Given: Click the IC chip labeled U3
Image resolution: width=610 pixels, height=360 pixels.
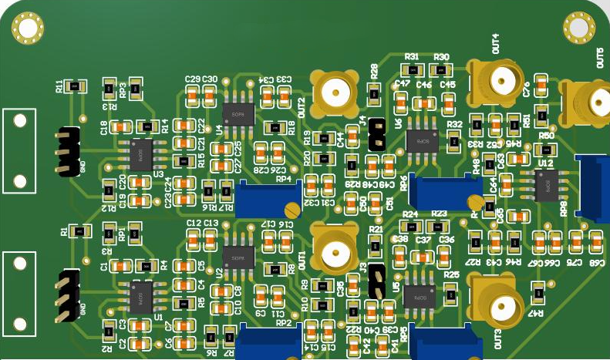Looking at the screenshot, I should click(x=140, y=155).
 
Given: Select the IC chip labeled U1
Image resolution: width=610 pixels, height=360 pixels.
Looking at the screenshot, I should click(x=140, y=297).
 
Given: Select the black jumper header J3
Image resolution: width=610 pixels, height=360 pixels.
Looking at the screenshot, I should click(x=376, y=281).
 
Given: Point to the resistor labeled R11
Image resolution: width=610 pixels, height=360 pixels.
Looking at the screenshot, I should click(x=74, y=86).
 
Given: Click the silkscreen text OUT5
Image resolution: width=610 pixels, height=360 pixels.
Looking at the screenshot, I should click(x=601, y=58).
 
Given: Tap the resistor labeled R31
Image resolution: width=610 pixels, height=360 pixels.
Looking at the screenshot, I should click(x=412, y=70).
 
